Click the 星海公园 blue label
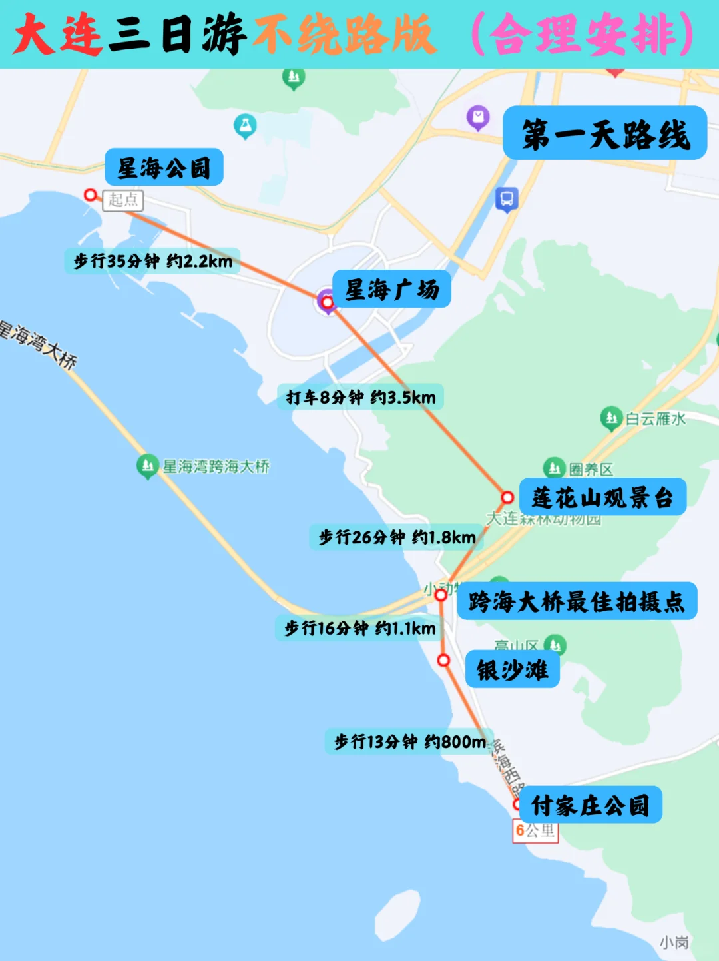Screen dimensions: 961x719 click(164, 167)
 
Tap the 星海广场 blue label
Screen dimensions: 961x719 click(391, 289)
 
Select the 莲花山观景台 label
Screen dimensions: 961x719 click(602, 497)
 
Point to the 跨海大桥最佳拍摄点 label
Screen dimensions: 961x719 click(577, 601)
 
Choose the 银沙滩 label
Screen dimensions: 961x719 click(512, 669)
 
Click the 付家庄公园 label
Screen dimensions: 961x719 click(589, 804)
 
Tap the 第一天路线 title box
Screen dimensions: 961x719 click(604, 133)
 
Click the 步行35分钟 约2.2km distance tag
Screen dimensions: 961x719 click(152, 261)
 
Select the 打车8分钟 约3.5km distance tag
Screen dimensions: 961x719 click(360, 397)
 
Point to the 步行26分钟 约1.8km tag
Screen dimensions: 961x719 click(397, 537)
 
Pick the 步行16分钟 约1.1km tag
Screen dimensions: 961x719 click(359, 628)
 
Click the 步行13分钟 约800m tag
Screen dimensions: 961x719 click(409, 741)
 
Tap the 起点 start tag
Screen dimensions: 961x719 click(123, 200)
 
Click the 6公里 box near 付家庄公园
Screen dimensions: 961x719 click(535, 830)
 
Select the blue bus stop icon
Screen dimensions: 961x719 click(507, 198)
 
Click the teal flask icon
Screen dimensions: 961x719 click(245, 125)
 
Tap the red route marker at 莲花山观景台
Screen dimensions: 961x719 click(507, 497)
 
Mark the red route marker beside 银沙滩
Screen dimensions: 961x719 click(443, 660)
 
